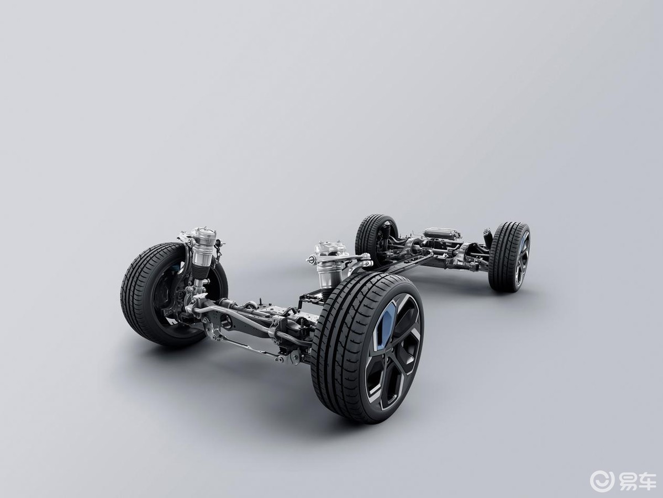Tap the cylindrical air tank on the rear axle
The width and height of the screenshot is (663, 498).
(443, 233)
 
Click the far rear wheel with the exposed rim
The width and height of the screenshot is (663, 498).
(509, 257)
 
